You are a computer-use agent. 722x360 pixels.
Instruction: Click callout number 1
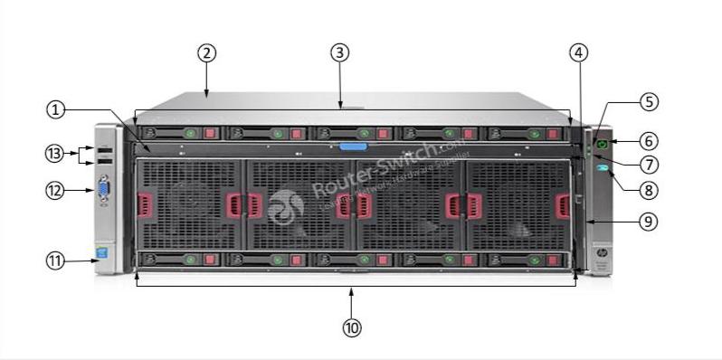coord(56,109)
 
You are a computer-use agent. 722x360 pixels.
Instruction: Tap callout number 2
coord(207,52)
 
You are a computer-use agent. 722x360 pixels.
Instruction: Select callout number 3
coord(339,52)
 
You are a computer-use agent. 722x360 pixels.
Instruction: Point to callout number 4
coord(579,52)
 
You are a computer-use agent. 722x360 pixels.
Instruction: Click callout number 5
coord(649,102)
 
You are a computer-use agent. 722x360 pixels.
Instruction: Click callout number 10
coord(352,327)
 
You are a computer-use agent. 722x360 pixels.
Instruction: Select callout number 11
coord(56,261)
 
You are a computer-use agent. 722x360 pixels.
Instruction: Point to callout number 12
coord(56,191)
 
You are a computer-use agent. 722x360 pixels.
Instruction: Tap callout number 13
coord(56,154)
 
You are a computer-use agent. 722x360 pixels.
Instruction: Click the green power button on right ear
coord(599,143)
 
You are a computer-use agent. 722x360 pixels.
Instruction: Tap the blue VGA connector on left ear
coord(103,191)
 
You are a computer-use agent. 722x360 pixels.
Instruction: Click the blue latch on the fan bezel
coord(354,145)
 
